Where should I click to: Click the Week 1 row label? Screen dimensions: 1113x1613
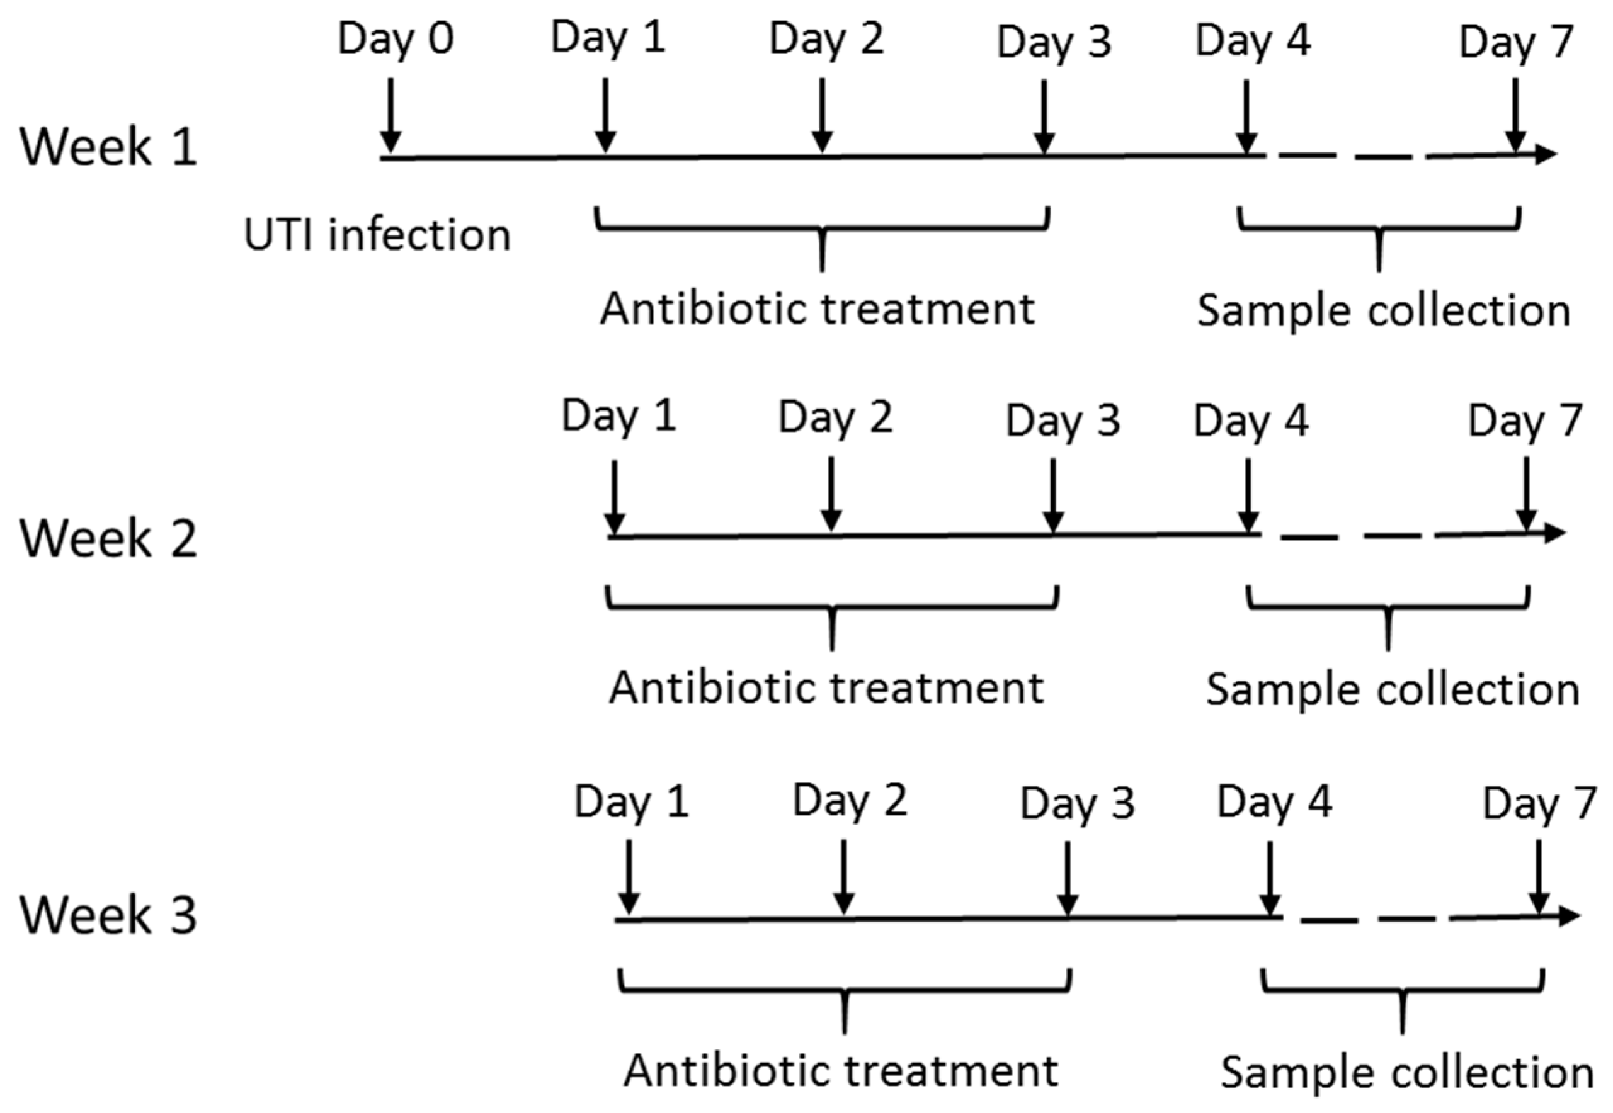coord(108,147)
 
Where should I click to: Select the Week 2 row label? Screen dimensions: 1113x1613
coord(108,539)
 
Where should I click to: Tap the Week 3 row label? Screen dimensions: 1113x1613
coord(108,915)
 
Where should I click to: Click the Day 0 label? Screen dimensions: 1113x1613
coord(396,39)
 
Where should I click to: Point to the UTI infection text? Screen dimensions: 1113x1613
coord(377,235)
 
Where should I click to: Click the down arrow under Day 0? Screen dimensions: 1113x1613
coord(390,115)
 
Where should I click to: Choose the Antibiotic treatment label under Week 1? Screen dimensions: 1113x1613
coord(817,309)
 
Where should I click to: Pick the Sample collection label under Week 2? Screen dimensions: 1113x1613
coord(1393,691)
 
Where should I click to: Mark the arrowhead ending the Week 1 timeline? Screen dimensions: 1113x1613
coord(1546,154)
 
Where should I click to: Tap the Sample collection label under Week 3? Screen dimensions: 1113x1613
coord(1406,1073)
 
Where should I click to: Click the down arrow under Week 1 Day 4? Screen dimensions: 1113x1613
coord(1246,115)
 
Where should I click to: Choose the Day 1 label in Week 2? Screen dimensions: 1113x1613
coord(619,417)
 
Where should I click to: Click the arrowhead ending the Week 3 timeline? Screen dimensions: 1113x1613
coord(1568,916)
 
